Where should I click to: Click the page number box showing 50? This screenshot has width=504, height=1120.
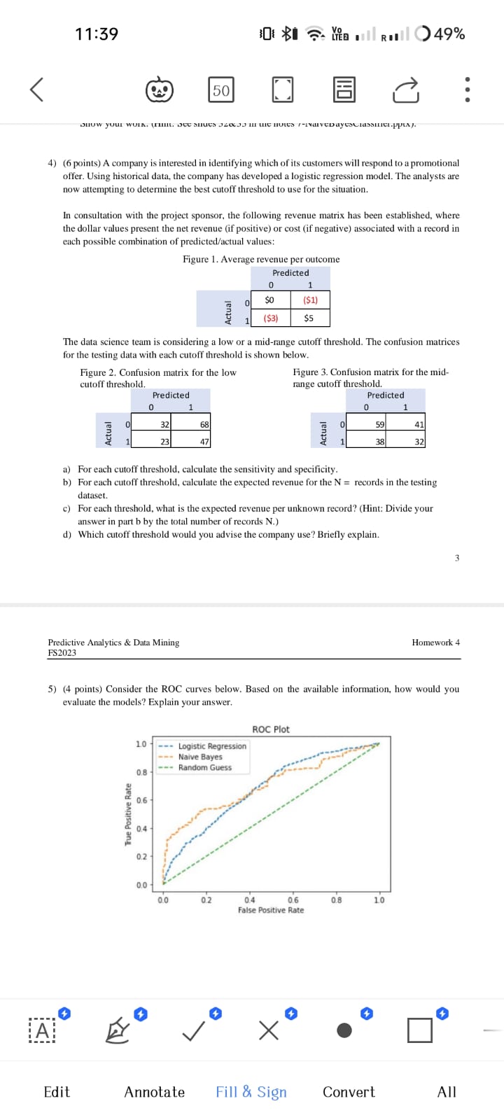tap(221, 90)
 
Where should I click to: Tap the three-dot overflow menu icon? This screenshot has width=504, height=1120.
tap(468, 90)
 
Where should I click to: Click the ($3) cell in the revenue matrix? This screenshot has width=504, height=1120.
tap(271, 318)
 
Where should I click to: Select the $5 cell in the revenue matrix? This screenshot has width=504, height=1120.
tap(309, 318)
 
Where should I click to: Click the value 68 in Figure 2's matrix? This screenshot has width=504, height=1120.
tap(204, 424)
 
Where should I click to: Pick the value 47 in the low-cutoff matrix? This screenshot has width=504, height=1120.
tap(204, 442)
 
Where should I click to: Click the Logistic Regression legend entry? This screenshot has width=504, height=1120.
tap(211, 746)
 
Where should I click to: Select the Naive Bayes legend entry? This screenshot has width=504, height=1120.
tap(199, 757)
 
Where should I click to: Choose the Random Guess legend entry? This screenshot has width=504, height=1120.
tap(204, 767)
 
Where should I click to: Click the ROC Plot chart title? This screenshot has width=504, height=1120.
tap(271, 729)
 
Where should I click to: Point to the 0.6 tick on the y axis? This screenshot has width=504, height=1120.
tap(141, 800)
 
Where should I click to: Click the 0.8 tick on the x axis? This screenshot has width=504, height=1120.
tap(336, 900)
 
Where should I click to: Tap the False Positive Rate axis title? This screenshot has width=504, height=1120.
tap(271, 910)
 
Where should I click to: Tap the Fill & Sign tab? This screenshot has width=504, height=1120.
tap(251, 1092)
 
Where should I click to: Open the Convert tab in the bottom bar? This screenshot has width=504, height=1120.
tap(349, 1092)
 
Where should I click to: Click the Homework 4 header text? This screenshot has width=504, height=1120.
tap(435, 642)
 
